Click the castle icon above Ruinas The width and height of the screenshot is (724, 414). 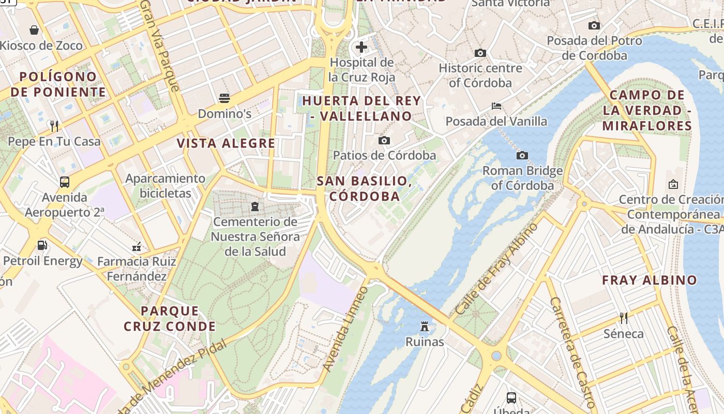point(425,326)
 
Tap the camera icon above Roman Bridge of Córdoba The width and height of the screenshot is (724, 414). point(522,155)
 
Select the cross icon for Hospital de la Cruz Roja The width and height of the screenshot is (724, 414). point(361,47)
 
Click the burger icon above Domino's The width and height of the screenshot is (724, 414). point(224,98)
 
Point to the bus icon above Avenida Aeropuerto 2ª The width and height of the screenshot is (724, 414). point(65,182)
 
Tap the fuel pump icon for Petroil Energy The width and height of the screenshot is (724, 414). point(42,245)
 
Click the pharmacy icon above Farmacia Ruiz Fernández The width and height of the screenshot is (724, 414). point(137,246)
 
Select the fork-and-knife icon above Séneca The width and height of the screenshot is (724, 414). point(624,318)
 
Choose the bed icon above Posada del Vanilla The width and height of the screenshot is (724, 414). point(496,106)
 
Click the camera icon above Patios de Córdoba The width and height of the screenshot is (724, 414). point(384,140)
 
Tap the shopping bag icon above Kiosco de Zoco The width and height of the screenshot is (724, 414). point(34,30)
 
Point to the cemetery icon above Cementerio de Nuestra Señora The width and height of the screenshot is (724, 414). point(254,206)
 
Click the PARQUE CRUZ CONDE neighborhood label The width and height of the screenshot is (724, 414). point(170,318)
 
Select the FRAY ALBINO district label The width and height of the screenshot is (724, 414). point(650,280)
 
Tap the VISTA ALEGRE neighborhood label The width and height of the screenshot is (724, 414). point(226,143)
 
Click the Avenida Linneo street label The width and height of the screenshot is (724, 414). point(345,329)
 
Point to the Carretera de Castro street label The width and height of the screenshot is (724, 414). point(573,352)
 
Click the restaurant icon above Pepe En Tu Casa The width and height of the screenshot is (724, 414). point(54,126)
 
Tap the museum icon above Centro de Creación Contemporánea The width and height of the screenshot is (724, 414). point(673,184)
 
